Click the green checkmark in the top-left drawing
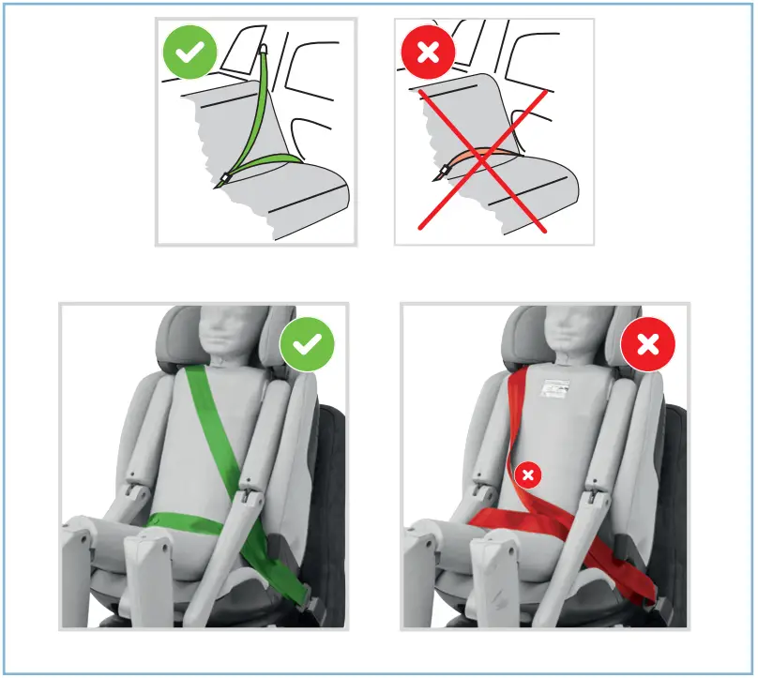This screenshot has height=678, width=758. point(189,53)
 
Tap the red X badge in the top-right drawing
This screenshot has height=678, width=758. point(428,53)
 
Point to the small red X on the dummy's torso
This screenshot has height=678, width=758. point(528,475)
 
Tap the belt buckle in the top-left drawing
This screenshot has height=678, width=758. point(226,178)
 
